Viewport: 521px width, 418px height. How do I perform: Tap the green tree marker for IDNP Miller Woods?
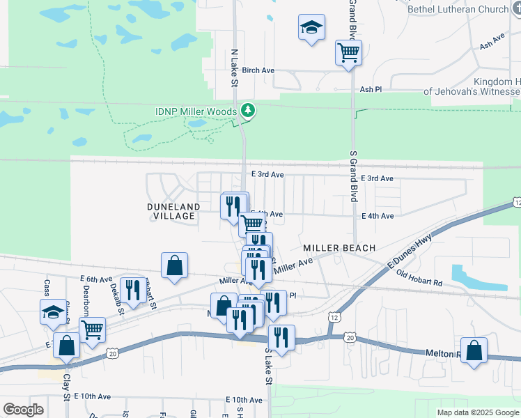click(247, 110)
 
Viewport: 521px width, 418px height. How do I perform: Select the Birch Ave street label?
click(258, 70)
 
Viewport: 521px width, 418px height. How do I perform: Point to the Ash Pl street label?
click(371, 89)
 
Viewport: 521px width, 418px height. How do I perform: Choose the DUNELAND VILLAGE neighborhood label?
click(173, 211)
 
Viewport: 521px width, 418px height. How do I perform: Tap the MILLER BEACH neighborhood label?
click(339, 248)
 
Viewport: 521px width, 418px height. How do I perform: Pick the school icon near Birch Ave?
click(311, 29)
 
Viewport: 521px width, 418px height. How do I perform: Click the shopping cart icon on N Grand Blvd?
click(348, 52)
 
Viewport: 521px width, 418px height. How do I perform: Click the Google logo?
click(23, 410)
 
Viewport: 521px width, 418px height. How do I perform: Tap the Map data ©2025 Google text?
click(478, 412)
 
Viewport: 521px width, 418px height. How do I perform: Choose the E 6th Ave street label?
click(96, 279)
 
